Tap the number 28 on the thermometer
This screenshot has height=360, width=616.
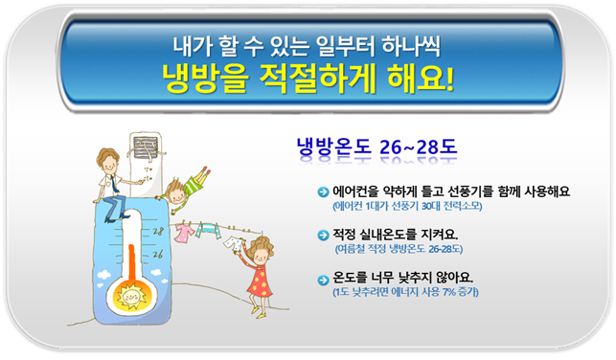point(157,231)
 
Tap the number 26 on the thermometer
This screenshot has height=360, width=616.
point(157,254)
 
